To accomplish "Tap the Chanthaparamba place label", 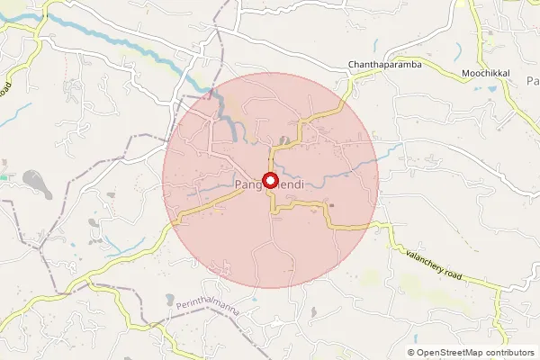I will tap(384, 64).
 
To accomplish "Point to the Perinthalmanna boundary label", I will tap(210, 307).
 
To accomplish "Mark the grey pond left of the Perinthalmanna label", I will tap(168, 300).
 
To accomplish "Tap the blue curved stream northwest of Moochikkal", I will tap(459, 49).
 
